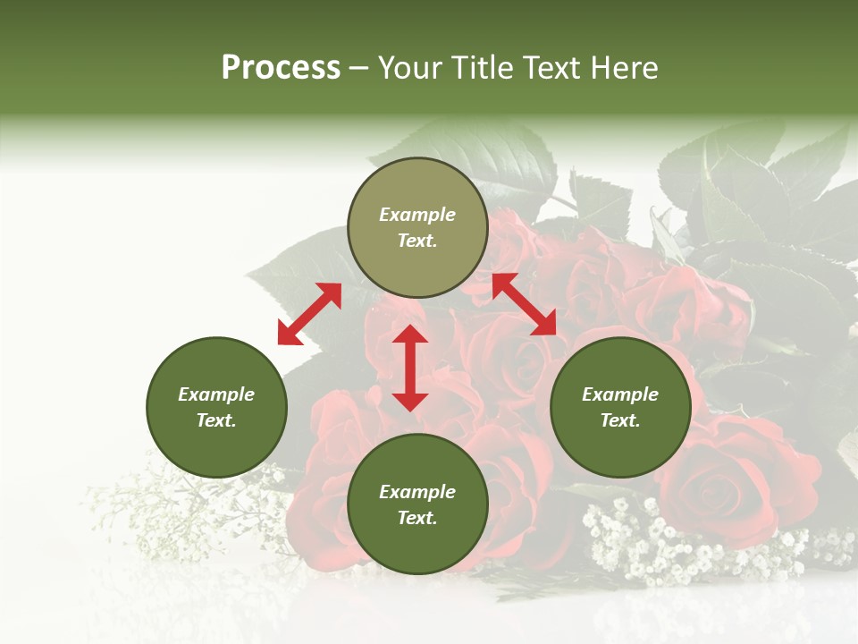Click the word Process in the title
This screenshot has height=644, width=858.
point(281,68)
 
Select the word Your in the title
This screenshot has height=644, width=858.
point(408,68)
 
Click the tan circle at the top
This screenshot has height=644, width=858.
point(417,228)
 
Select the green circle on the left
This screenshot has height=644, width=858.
point(216,407)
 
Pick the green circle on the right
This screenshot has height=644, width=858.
point(620,407)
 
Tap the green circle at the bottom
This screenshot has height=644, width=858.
point(417,504)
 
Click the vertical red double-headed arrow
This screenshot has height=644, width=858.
point(410,368)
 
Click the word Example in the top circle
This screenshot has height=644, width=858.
point(417,215)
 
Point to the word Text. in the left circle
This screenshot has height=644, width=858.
point(216,420)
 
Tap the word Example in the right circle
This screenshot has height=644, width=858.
point(620,394)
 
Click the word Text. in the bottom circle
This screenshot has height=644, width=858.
point(417,518)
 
